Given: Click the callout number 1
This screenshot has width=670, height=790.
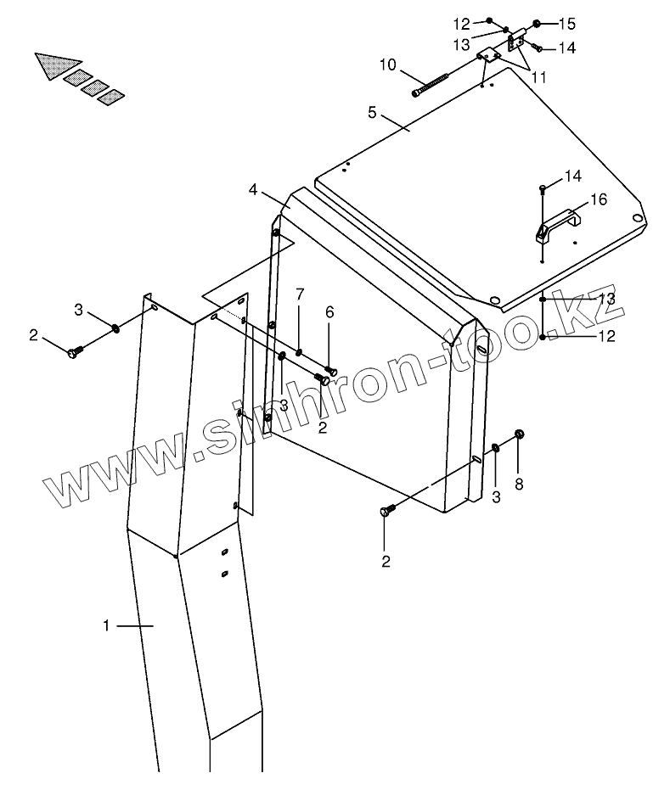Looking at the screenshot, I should click(x=106, y=626).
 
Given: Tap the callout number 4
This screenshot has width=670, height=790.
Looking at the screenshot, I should click(x=254, y=190).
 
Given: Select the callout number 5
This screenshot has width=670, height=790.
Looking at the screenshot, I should click(x=372, y=111).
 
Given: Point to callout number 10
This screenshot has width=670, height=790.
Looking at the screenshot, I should click(x=386, y=64).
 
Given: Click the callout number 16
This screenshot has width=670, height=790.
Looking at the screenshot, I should click(x=598, y=199).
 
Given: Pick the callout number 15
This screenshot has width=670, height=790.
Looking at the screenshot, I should click(x=566, y=22).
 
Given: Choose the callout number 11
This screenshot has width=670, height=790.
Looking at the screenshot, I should click(x=538, y=77).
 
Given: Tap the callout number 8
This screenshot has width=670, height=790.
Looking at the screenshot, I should click(x=519, y=485).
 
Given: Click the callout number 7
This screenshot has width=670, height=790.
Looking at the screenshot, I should click(x=300, y=294).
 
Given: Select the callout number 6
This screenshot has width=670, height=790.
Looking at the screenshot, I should click(x=329, y=312).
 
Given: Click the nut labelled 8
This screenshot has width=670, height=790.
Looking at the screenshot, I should click(x=520, y=434).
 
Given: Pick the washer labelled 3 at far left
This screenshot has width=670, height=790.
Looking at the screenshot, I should click(x=115, y=328).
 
